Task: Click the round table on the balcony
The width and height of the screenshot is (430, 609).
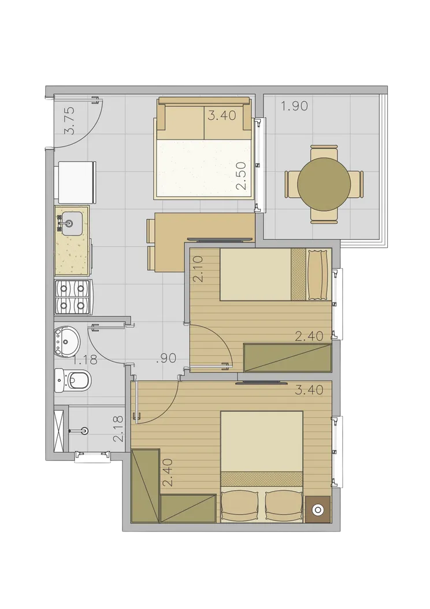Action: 323,184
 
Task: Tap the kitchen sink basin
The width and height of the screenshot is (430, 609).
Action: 71,223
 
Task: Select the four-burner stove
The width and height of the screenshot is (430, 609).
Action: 73,297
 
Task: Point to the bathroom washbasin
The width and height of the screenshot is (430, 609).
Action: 67,341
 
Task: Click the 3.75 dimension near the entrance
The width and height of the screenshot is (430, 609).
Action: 69,120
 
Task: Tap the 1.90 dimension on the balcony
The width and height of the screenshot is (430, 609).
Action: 295,106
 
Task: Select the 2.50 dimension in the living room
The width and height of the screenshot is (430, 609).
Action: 242,176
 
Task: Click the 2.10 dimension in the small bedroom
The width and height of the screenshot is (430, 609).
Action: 198,269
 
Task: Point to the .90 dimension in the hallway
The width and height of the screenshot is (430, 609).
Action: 167,358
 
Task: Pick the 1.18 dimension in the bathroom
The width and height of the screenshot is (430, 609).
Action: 85,360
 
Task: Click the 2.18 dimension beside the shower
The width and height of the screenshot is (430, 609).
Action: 118,429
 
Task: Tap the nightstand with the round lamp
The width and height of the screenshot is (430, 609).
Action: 318,509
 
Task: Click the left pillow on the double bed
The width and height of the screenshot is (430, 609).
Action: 240,506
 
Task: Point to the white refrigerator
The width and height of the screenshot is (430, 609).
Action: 77,183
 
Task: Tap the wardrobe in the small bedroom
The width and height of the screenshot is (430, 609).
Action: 288,358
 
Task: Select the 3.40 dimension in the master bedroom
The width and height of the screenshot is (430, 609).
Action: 309,390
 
